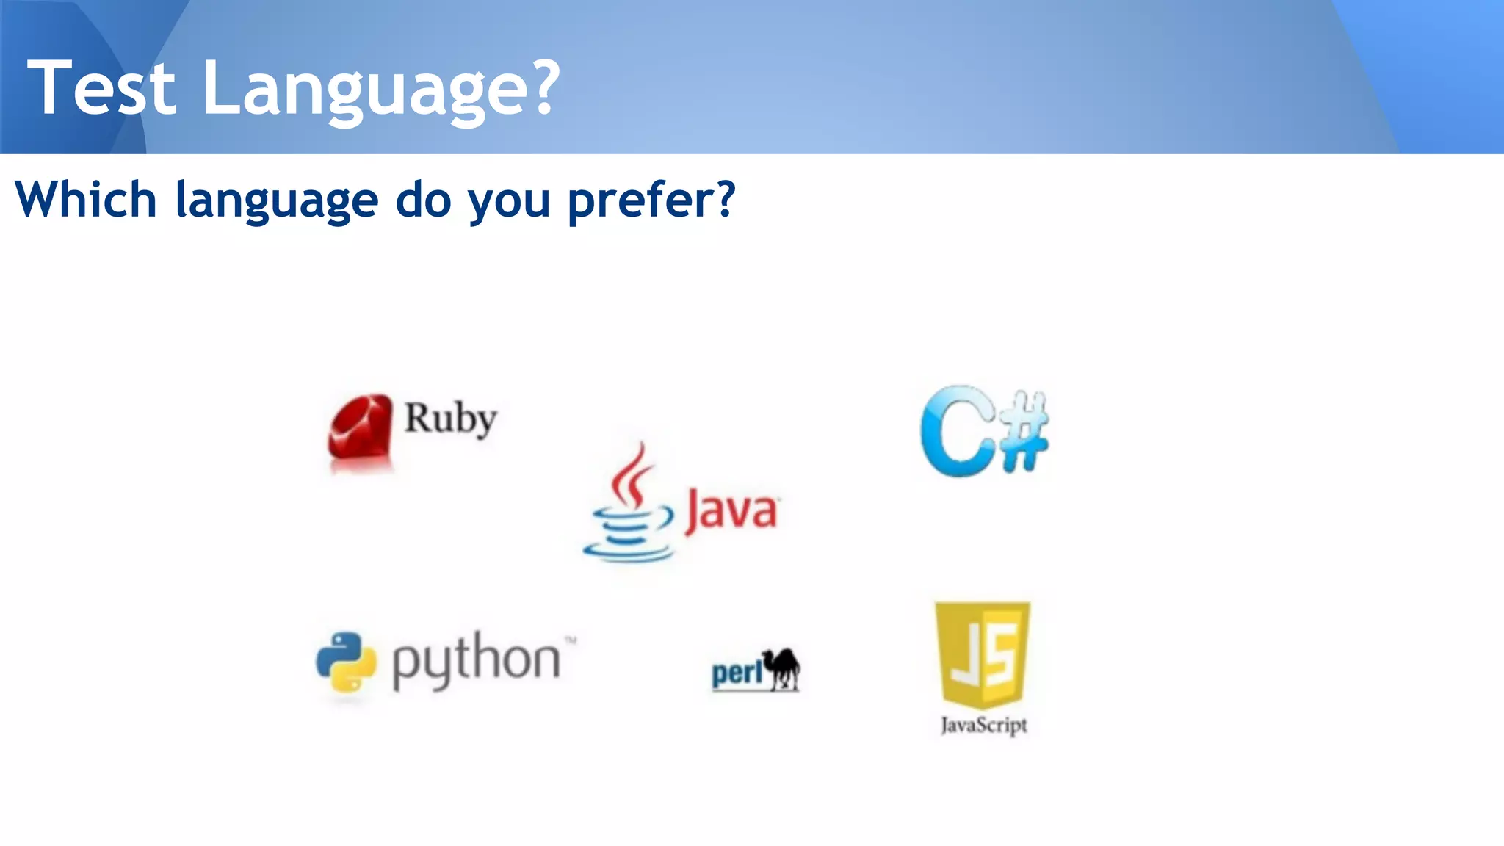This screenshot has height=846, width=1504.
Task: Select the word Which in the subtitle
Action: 86,200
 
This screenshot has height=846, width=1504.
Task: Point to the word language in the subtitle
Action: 276,201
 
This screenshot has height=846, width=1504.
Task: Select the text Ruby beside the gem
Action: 451,419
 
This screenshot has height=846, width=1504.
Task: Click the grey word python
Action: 476,660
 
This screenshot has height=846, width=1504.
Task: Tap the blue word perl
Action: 737,673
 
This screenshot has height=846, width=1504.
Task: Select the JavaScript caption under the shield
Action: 984,726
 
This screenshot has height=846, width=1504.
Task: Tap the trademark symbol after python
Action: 571,640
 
